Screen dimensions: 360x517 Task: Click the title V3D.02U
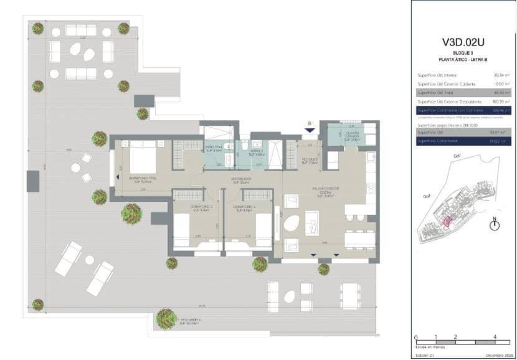click(463, 43)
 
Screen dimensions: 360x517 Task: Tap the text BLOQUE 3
click(463, 54)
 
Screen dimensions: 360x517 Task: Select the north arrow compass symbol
click(495, 225)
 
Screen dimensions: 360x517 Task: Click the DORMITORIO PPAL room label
click(143, 179)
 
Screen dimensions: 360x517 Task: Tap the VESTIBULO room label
click(311, 159)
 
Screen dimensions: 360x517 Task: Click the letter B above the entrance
click(309, 123)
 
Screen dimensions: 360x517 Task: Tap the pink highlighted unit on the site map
click(446, 220)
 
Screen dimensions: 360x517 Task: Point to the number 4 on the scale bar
click(495, 336)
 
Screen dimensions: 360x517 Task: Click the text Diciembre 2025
click(498, 355)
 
